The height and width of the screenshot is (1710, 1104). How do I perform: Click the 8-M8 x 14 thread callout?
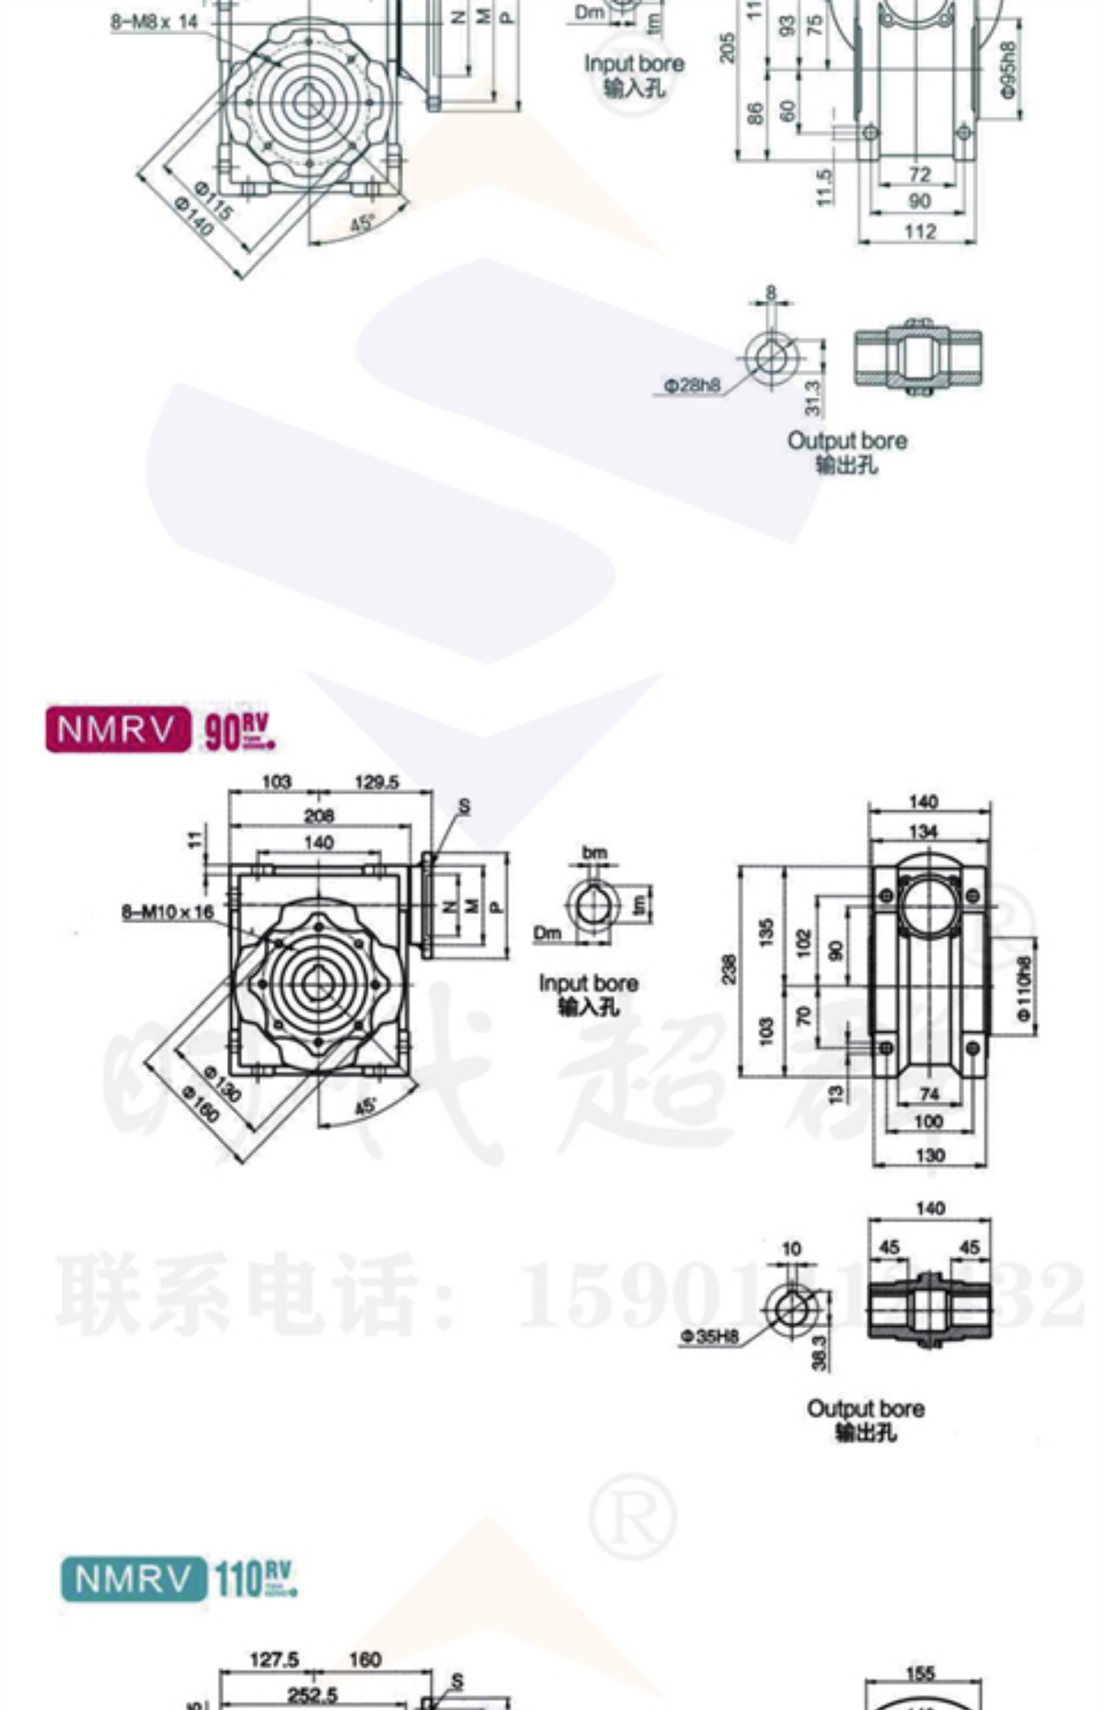[154, 22]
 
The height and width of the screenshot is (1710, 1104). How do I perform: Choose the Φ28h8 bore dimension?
[692, 386]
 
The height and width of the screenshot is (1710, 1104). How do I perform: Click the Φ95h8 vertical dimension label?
[1009, 69]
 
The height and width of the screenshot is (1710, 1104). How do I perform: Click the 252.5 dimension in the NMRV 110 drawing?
[313, 1695]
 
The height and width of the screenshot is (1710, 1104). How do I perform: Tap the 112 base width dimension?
[920, 232]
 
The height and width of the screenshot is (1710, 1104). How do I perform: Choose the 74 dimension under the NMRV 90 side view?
[929, 1093]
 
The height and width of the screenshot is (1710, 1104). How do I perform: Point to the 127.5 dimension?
[274, 1660]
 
